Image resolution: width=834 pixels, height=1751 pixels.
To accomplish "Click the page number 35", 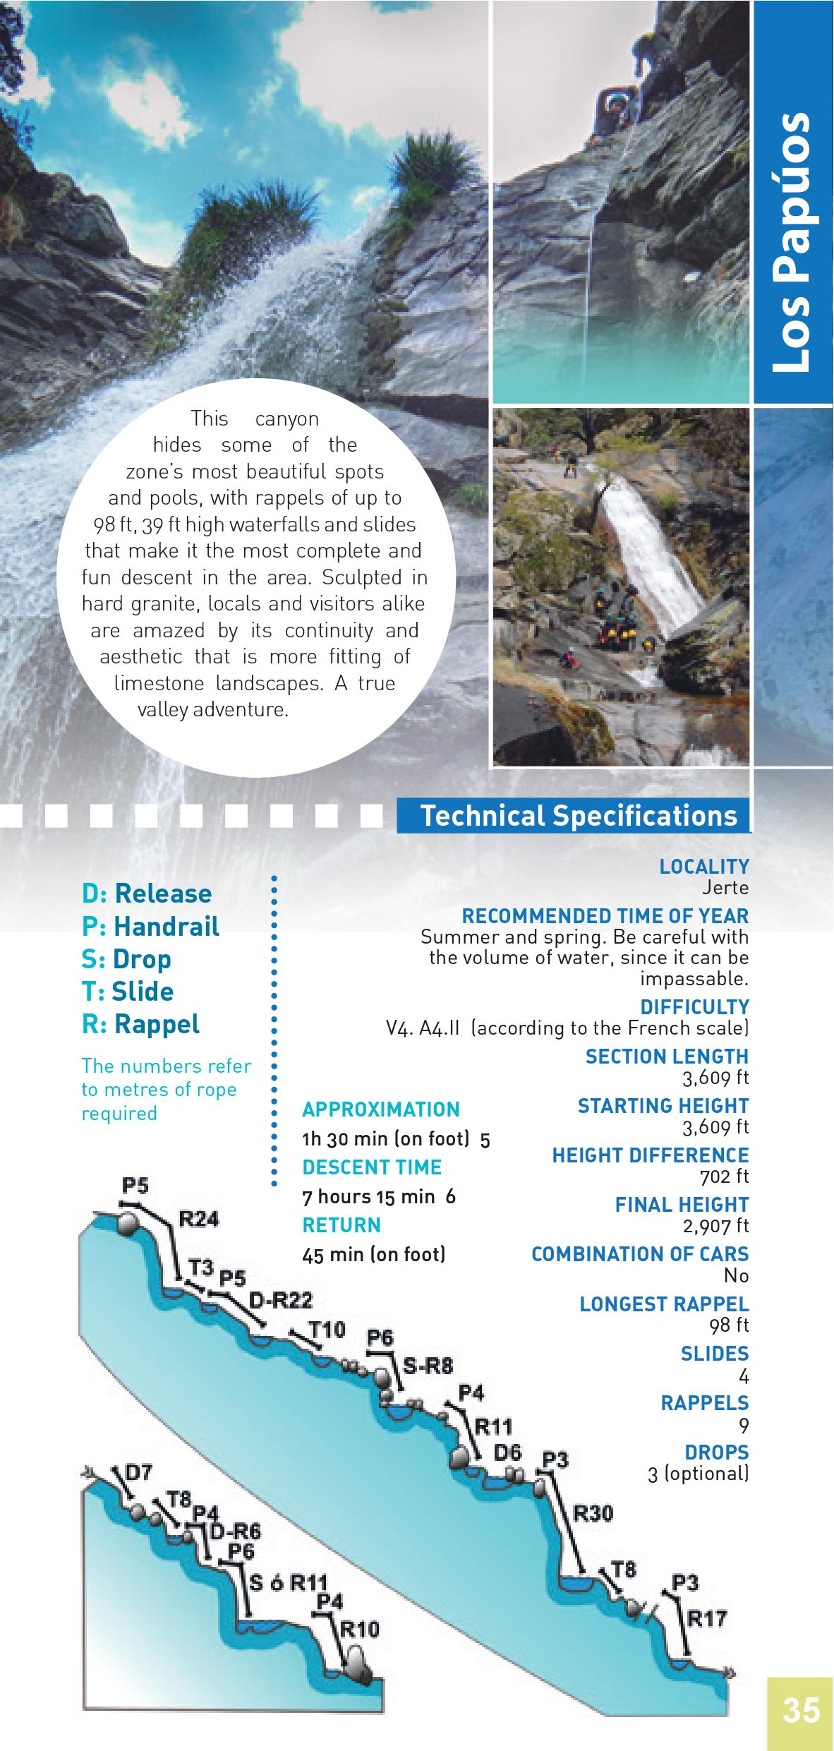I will [801, 1711].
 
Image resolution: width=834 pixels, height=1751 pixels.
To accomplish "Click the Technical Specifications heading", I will [579, 815].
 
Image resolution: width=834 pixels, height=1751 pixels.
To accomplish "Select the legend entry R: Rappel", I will [141, 1023].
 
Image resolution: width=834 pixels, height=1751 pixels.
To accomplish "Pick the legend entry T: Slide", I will [128, 991].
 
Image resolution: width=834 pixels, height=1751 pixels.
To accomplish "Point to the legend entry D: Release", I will [147, 893].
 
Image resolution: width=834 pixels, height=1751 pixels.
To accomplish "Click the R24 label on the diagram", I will [199, 1219].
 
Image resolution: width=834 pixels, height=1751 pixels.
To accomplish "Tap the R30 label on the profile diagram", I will [593, 1513].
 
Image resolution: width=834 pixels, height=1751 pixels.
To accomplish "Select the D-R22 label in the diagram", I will [282, 1300].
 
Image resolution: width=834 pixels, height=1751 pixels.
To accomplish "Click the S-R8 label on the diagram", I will [428, 1366].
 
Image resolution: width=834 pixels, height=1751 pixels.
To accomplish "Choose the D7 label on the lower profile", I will [138, 1473].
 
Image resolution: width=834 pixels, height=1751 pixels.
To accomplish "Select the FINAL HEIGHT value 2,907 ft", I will [715, 1225].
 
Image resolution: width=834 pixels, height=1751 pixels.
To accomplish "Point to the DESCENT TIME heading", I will [372, 1167].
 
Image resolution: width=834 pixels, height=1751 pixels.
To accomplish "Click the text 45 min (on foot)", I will [374, 1254].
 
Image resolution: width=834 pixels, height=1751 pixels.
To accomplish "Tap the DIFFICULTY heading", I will [694, 1006].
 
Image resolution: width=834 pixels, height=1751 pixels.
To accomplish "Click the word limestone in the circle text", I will [158, 683].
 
